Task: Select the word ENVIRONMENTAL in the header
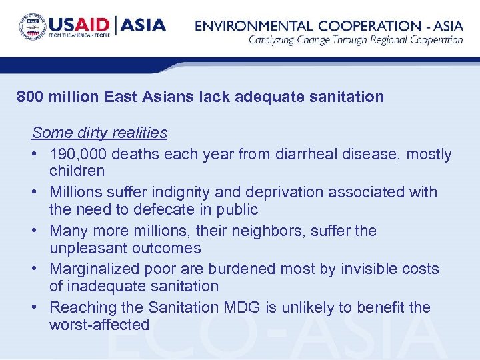click(x=252, y=26)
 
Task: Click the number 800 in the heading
click(x=31, y=97)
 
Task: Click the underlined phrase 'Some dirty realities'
click(x=99, y=133)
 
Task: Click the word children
click(x=77, y=171)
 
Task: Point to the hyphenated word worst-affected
click(x=99, y=325)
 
